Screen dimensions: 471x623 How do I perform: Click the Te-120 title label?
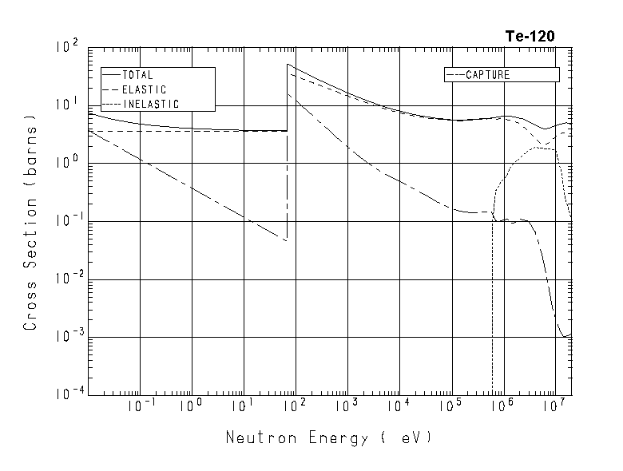coord(529,36)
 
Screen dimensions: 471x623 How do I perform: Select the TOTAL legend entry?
coord(137,75)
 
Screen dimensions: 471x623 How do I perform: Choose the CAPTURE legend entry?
coord(487,75)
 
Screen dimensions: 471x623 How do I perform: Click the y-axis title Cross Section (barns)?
coord(30,223)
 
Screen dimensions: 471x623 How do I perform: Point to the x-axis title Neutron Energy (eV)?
coord(328,437)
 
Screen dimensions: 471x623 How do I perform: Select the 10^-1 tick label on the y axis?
coord(69,219)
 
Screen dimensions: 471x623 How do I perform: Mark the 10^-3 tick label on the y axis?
coord(69,334)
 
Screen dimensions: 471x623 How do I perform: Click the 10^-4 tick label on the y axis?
coord(69,393)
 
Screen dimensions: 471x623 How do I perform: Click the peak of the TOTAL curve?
coord(288,65)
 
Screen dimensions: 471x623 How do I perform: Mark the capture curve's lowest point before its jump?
coord(286,240)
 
